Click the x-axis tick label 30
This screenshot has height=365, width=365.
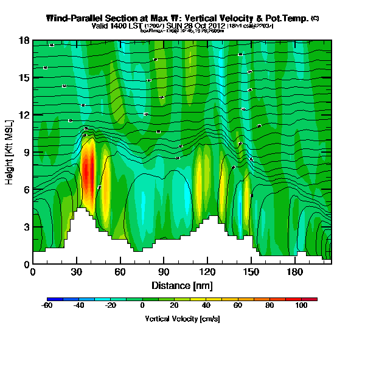click(77, 271)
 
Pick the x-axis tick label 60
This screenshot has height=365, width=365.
click(120, 271)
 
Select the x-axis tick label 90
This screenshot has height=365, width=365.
click(164, 271)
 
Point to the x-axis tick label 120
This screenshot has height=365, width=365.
click(208, 271)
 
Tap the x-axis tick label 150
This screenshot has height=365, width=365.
click(252, 271)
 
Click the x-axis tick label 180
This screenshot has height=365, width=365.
click(296, 271)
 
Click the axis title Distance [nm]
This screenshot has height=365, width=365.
click(182, 285)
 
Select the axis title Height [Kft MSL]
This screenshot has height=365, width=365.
click(11, 152)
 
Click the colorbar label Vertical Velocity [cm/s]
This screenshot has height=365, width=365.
click(182, 319)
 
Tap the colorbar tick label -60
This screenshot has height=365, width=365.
click(47, 306)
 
